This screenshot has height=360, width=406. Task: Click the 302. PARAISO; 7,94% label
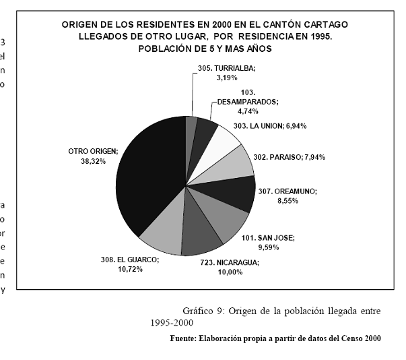[289, 157]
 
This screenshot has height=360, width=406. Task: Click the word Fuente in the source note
[184, 338]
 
